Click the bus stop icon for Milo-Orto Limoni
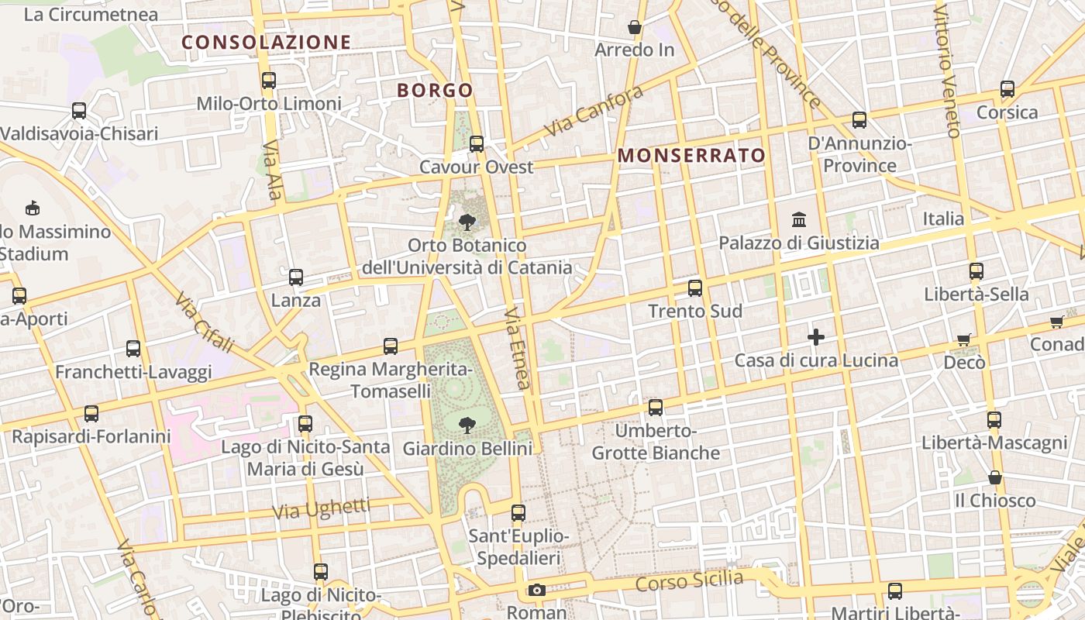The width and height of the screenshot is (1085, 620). [269, 80]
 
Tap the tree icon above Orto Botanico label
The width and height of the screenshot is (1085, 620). [467, 222]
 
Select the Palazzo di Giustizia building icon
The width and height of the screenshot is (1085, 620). [799, 219]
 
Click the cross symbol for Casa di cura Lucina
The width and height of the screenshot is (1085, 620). [815, 337]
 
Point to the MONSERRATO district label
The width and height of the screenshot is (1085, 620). [691, 156]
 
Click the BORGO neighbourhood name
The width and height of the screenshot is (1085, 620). [435, 91]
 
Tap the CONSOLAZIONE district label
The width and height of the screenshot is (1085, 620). [267, 43]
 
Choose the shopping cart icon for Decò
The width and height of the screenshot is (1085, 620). [964, 339]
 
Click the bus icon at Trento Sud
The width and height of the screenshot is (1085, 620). [695, 288]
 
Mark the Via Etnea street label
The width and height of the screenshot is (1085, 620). [518, 348]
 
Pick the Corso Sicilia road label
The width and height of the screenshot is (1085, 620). [689, 580]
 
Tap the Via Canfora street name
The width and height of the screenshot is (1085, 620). [594, 112]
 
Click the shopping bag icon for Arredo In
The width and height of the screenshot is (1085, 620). [635, 28]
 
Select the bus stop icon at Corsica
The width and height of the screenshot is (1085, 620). [1007, 89]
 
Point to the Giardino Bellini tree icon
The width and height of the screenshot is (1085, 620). [467, 425]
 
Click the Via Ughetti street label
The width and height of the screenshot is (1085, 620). [322, 509]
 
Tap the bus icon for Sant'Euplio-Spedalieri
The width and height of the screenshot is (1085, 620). [518, 513]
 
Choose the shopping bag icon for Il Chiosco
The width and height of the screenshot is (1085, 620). [995, 477]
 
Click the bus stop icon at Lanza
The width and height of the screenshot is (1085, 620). [295, 277]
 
